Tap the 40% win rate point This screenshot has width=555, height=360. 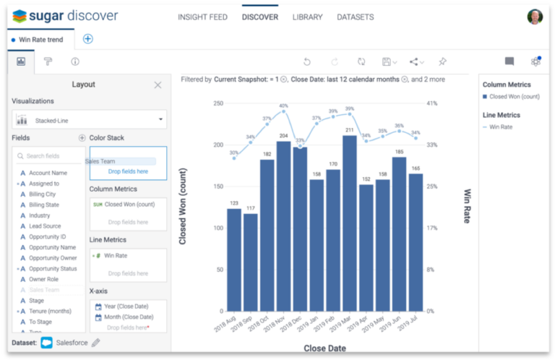(x=284, y=111)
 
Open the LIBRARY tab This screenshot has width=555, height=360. (x=307, y=17)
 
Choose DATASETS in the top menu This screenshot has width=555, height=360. (x=356, y=17)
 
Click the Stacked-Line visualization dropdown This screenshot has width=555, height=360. (x=90, y=120)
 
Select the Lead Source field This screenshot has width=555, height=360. (x=45, y=226)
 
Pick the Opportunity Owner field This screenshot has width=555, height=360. (x=53, y=258)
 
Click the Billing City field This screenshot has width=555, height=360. (x=42, y=194)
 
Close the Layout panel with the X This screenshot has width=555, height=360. (x=158, y=85)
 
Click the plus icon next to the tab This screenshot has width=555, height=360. (x=88, y=39)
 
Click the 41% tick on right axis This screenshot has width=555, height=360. (x=431, y=103)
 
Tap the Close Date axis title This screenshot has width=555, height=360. (x=324, y=348)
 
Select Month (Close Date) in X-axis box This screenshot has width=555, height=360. (x=128, y=317)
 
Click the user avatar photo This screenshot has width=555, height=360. (x=534, y=17)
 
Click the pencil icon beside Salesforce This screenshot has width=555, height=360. (x=96, y=342)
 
